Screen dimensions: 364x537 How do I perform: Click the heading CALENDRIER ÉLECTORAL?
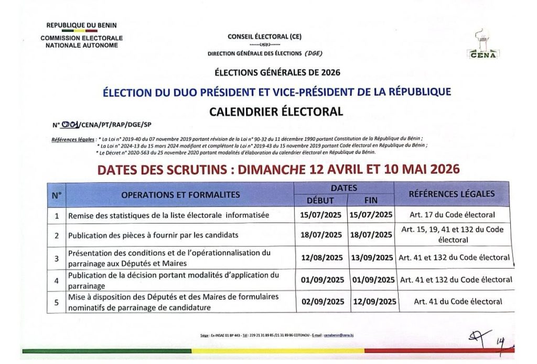pyautogui.click(x=276, y=111)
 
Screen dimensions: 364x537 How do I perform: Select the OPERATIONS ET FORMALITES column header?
pyautogui.click(x=180, y=195)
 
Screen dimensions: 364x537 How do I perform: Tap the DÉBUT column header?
pyautogui.click(x=320, y=200)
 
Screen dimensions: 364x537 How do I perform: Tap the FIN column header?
pyautogui.click(x=370, y=200)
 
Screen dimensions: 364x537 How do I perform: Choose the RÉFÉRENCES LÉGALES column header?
pyautogui.click(x=452, y=194)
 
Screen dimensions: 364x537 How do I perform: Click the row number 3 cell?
pyautogui.click(x=57, y=258)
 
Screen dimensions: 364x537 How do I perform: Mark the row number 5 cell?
pyautogui.click(x=57, y=302)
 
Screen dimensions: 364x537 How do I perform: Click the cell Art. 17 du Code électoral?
pyautogui.click(x=453, y=215)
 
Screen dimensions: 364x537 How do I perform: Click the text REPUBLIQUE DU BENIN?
pyautogui.click(x=82, y=25)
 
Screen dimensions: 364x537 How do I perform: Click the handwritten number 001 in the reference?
pyautogui.click(x=70, y=124)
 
